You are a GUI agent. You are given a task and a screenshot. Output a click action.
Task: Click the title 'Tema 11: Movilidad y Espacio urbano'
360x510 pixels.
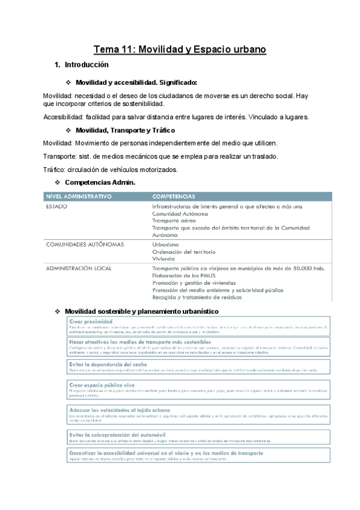[x=180, y=49]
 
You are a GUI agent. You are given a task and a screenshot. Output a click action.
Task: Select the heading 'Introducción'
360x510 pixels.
[x=86, y=64]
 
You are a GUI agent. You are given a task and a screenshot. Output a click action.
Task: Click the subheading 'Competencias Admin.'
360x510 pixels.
[x=100, y=182]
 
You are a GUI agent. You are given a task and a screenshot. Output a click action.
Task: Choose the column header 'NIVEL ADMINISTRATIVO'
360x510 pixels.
[x=79, y=197]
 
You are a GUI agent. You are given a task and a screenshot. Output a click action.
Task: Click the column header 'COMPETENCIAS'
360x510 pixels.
[x=174, y=197]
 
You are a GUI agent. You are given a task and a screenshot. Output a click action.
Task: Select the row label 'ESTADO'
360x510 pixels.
[x=56, y=206]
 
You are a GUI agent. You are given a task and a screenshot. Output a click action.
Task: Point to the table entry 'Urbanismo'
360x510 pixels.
[x=166, y=244]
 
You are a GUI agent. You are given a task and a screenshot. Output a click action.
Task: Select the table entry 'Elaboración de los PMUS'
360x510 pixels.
[x=185, y=275]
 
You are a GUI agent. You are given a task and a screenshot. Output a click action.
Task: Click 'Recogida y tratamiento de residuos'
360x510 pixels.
[x=200, y=297]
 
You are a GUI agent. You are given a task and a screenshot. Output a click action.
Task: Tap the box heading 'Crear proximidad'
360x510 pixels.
[x=91, y=321]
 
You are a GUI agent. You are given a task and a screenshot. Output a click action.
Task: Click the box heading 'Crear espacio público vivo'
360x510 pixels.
[x=102, y=384]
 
